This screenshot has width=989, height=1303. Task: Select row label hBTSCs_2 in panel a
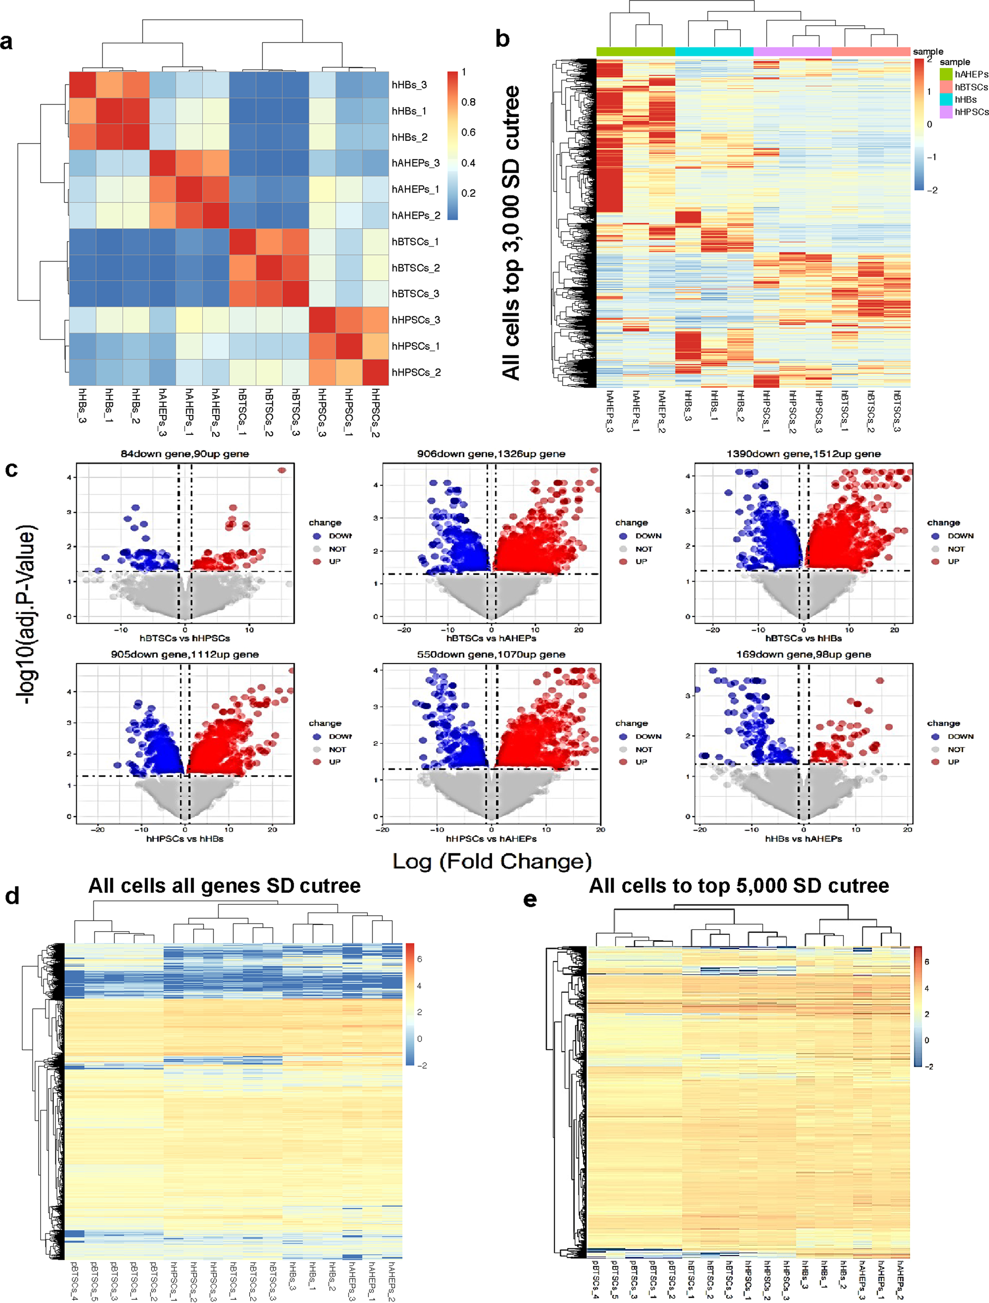[x=415, y=268]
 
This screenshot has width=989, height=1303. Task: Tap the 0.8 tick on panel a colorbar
[x=468, y=102]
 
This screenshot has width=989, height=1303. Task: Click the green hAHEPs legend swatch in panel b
[x=946, y=74]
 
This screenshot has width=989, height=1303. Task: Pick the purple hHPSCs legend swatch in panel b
[x=946, y=112]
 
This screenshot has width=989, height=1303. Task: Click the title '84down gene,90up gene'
[x=184, y=454]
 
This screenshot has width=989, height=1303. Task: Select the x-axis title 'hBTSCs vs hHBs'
[x=803, y=638]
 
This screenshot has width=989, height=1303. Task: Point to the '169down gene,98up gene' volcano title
[x=803, y=655]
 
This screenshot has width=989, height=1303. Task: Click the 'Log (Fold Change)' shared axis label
[x=492, y=861]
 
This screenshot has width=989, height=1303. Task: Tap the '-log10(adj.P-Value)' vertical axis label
[x=27, y=613]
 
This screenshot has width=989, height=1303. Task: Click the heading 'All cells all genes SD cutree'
[x=224, y=886]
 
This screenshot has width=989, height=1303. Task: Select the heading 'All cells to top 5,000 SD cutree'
[x=739, y=886]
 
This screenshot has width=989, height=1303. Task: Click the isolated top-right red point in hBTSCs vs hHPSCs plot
[x=282, y=470]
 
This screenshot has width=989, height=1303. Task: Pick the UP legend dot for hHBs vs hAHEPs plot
[x=935, y=762]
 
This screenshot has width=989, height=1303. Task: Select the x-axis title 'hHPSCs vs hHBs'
[x=184, y=838]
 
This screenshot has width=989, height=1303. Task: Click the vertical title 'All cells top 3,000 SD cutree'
[x=510, y=233]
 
